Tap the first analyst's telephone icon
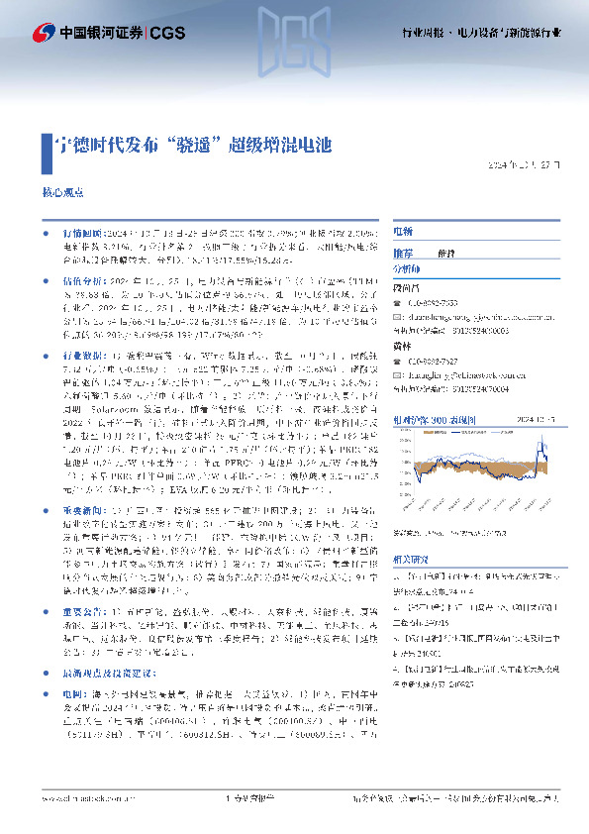click(399, 302)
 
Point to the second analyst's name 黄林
click(402, 347)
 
